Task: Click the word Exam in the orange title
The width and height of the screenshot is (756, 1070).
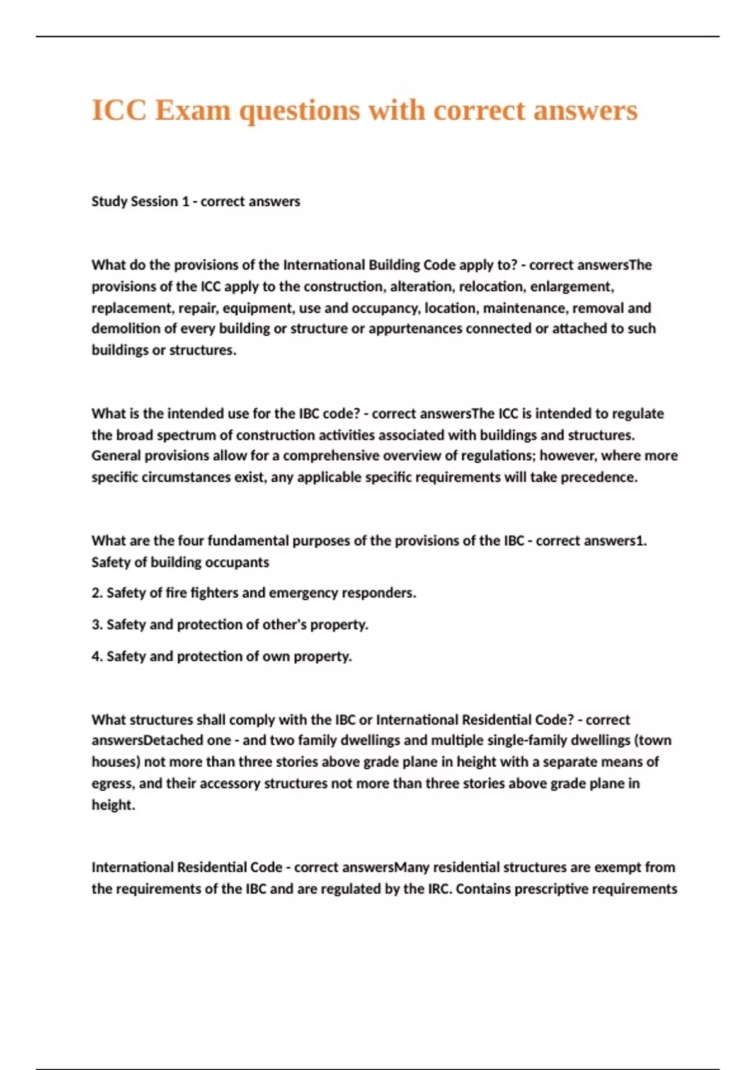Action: [x=193, y=111]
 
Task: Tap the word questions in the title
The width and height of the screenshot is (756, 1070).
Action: [x=301, y=111]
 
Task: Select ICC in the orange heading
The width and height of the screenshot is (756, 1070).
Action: [x=119, y=111]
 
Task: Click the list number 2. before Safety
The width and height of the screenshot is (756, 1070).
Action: [x=97, y=593]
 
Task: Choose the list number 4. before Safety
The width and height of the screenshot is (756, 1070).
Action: [x=97, y=656]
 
